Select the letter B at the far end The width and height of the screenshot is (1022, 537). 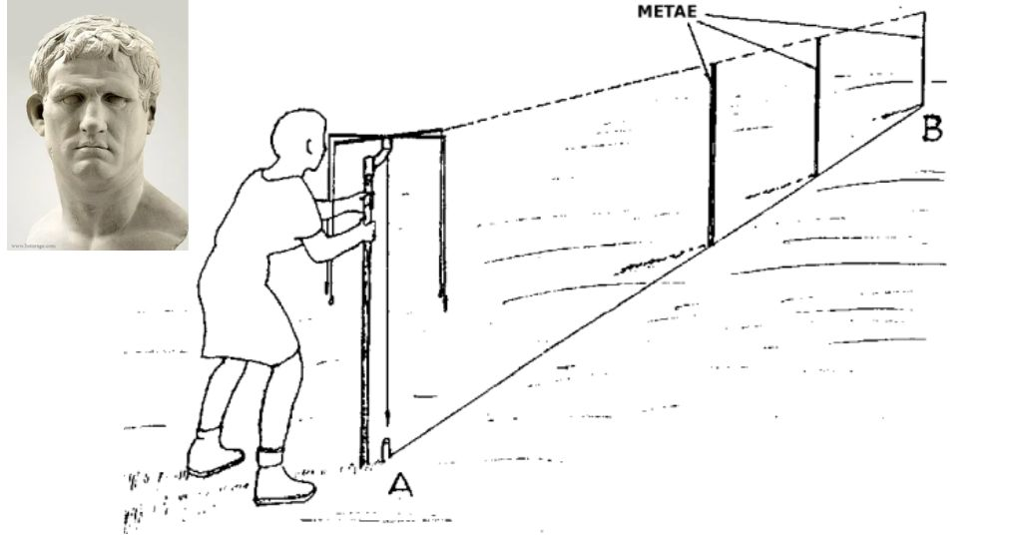click(932, 127)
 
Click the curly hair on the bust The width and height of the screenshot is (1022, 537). click(95, 45)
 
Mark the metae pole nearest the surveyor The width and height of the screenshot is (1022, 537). click(712, 160)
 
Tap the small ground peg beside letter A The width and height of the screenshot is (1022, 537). click(386, 450)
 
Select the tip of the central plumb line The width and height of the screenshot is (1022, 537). click(386, 411)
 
